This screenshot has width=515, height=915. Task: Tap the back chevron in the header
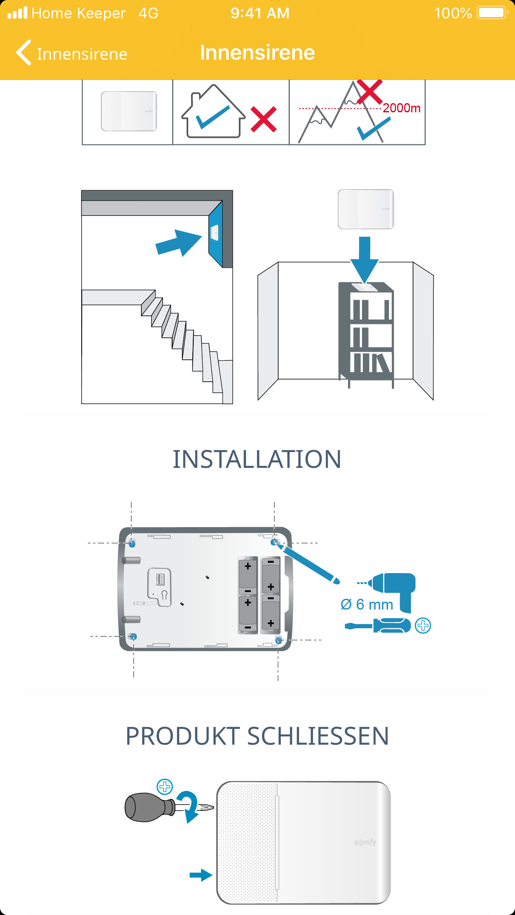tap(24, 53)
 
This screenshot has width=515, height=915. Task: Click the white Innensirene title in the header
tap(257, 53)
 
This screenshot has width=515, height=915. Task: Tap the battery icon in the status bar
tap(492, 13)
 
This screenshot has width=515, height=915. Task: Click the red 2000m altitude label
tap(401, 108)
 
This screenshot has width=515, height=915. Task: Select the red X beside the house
tap(264, 119)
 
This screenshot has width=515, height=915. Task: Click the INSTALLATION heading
tap(257, 459)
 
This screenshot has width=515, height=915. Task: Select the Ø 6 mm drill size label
tap(367, 605)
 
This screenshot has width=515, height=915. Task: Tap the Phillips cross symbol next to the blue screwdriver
tap(423, 625)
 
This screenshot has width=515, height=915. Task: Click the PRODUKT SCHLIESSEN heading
tap(257, 736)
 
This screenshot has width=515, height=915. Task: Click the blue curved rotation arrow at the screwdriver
tap(188, 806)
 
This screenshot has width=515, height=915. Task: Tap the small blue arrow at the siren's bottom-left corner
tap(201, 875)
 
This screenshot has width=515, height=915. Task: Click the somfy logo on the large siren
tap(365, 842)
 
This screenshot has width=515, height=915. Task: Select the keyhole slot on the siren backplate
tap(164, 596)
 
